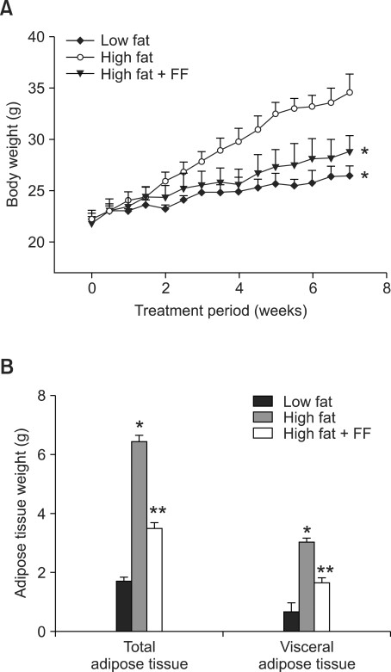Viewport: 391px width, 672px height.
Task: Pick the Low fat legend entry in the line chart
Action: [120, 40]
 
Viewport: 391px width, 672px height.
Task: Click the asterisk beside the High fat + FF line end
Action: [364, 152]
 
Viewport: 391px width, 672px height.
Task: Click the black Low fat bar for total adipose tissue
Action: [123, 606]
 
